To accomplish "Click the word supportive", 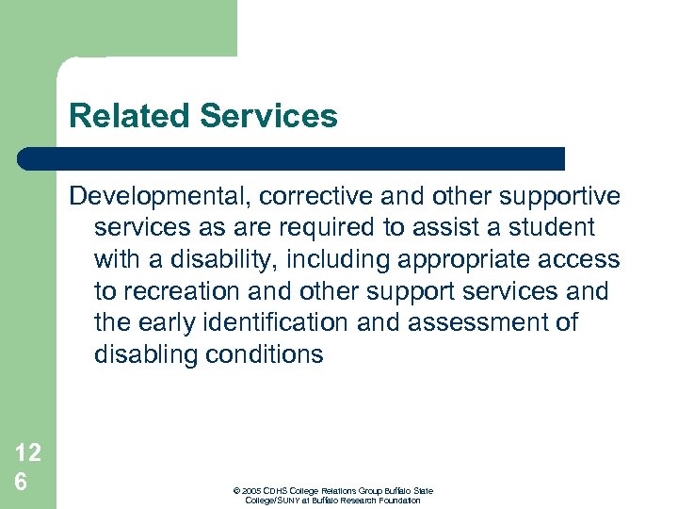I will point(555,196).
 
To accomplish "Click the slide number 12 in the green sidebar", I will point(27,453).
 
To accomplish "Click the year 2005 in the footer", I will point(252,491).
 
